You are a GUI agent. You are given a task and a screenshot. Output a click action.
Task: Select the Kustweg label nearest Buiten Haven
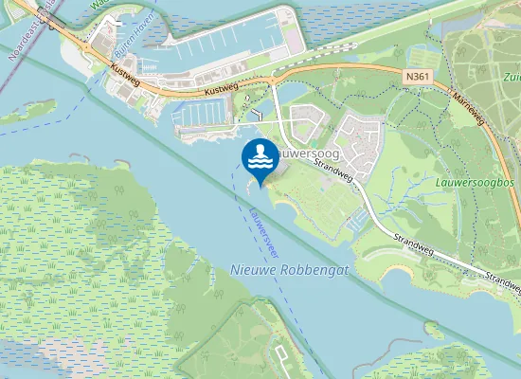[x=125, y=72]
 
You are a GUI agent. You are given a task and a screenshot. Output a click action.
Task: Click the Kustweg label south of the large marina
[x=224, y=92]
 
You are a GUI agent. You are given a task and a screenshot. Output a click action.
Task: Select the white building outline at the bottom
[x=282, y=353]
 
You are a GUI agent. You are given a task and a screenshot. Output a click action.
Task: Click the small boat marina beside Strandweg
[x=357, y=220]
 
